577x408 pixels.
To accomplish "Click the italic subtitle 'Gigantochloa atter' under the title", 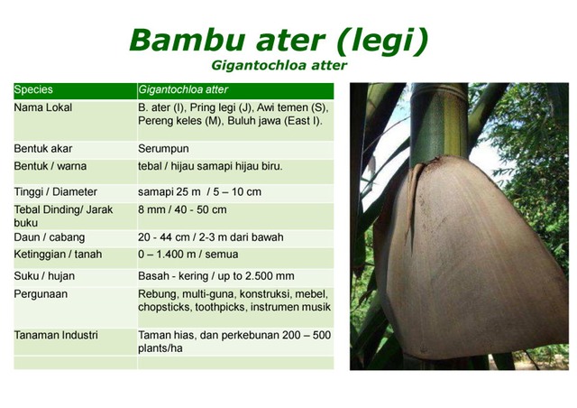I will (x=279, y=65).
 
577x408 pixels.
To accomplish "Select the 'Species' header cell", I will (x=33, y=90).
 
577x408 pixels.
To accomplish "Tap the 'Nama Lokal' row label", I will (x=43, y=107).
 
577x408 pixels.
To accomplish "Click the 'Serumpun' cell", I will (x=163, y=148).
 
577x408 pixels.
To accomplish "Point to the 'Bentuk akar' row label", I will (x=43, y=148).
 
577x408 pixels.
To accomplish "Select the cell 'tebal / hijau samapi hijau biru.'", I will (x=209, y=167).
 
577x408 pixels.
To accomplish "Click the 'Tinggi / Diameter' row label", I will (x=55, y=192).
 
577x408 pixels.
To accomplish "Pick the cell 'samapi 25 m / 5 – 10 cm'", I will (x=199, y=192).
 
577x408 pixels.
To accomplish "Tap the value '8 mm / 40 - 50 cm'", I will (x=182, y=209).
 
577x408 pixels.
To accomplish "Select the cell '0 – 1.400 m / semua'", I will (x=188, y=255).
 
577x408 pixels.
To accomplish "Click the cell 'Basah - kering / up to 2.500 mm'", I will (x=215, y=275).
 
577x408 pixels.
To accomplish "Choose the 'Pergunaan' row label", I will (x=41, y=294).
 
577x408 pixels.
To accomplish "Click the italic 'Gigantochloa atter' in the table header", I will (x=183, y=90).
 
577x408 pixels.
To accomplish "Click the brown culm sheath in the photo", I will (x=469, y=262).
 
